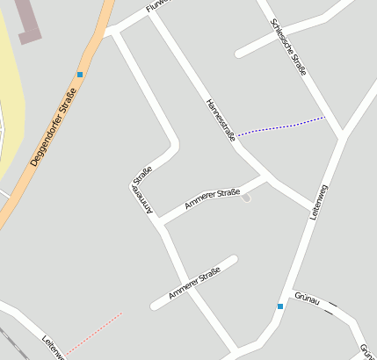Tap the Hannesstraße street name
coord(221,119)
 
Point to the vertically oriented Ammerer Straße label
coord(142,190)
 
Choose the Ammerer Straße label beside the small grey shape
coord(212,199)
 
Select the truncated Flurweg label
coord(156,5)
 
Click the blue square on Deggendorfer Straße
coord(80,75)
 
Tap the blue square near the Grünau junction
coord(280,306)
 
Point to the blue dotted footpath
coord(281,126)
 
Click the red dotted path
coord(92,334)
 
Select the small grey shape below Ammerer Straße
coord(246,198)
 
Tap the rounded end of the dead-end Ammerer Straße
coord(233,260)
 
